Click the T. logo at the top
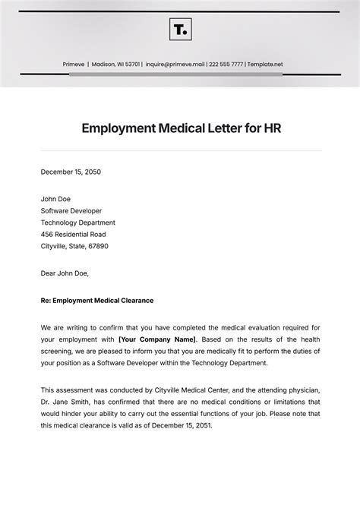tap(180, 30)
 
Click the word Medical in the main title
tap(188, 128)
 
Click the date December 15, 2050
tap(71, 172)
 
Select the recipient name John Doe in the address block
tap(55, 199)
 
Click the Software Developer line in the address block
tap(71, 211)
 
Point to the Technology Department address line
tap(78, 222)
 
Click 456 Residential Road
tap(74, 235)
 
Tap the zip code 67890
tap(96, 246)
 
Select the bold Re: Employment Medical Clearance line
tap(97, 300)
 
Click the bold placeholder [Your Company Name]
tap(156, 339)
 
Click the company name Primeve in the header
tap(73, 65)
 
